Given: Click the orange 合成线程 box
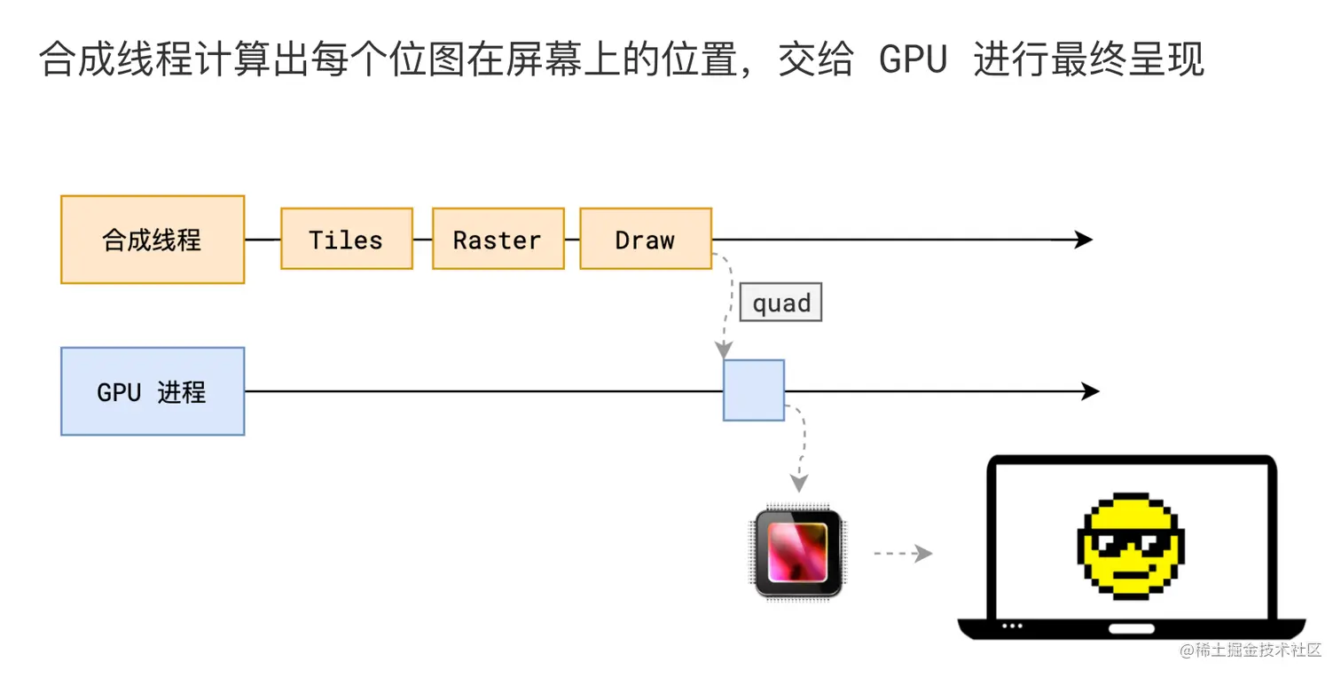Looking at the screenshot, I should tap(153, 240).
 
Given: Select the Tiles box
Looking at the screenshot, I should tap(346, 239).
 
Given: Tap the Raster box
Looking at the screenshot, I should tap(498, 239).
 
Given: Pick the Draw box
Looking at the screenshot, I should tap(645, 239).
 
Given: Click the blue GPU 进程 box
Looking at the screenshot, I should tap(153, 391).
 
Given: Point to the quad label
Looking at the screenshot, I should tap(780, 304).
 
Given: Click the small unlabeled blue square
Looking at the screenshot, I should tap(753, 390).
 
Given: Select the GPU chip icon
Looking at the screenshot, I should tap(797, 553).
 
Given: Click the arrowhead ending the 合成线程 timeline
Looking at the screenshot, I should tap(1084, 240).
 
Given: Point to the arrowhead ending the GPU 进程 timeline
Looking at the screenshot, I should tap(1090, 391).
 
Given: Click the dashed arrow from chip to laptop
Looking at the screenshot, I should tap(902, 554).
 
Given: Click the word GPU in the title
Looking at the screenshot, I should tap(913, 60).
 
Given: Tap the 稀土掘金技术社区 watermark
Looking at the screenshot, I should tap(1251, 650).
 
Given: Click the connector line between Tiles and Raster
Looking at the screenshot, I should tap(422, 240).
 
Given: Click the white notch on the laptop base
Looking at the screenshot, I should tap(1131, 627).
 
